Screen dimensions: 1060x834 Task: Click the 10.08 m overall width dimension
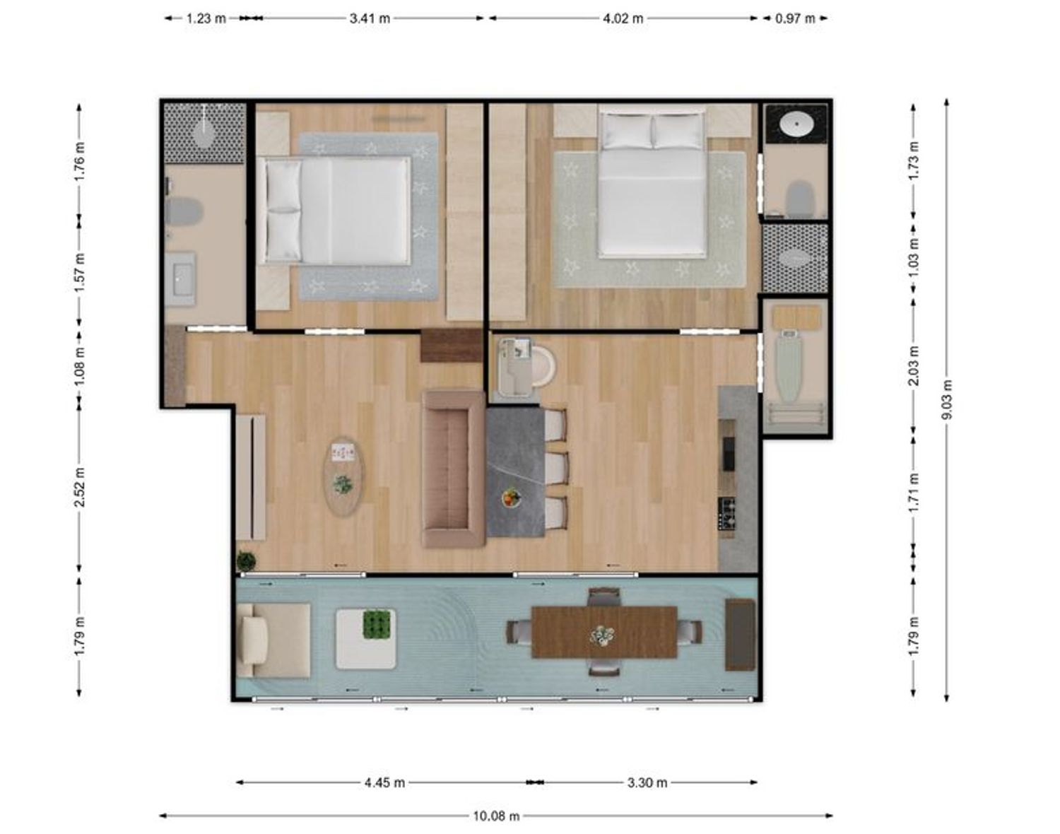click(x=496, y=816)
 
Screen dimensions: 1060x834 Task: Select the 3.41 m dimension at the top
click(x=370, y=18)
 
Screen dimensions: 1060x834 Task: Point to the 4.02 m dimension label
click(x=623, y=18)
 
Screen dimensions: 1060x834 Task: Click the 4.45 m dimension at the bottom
click(x=384, y=782)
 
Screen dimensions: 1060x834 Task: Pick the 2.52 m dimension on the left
click(x=80, y=487)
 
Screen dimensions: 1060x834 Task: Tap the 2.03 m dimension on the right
click(x=914, y=365)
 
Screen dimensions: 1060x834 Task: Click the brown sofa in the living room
click(x=453, y=469)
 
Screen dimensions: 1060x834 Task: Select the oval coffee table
click(x=343, y=476)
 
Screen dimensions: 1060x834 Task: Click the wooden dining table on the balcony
click(x=604, y=632)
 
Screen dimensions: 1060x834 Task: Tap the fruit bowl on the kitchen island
click(x=512, y=498)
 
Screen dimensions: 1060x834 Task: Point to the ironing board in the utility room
click(x=789, y=365)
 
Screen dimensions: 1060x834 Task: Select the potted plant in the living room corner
click(x=246, y=560)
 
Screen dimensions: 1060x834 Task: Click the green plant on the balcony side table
click(x=379, y=625)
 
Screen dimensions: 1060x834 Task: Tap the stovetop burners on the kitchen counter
click(x=726, y=513)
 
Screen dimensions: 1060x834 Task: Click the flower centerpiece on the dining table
click(x=602, y=635)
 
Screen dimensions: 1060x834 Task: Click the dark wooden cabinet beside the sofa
click(x=451, y=346)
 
